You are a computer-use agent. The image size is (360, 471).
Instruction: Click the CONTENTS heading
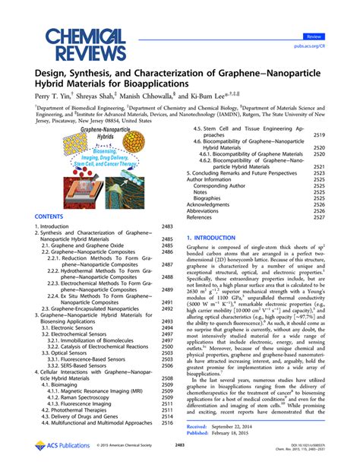[49, 216]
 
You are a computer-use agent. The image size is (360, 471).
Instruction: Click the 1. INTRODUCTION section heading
[215, 238]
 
